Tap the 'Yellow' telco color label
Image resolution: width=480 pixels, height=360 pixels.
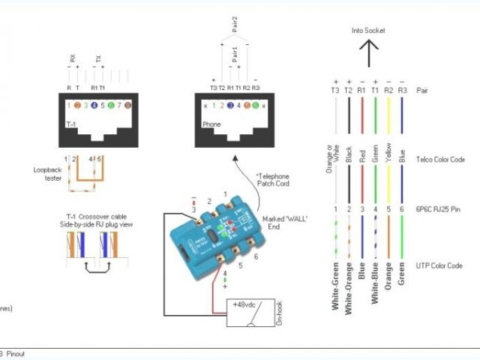point(388,153)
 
